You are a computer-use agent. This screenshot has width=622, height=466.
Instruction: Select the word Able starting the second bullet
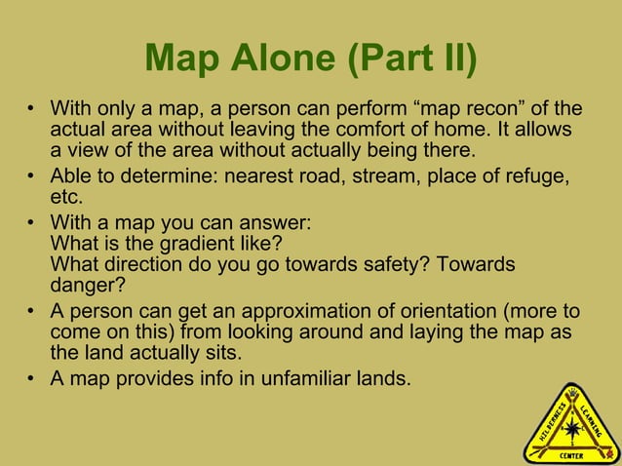click(x=69, y=175)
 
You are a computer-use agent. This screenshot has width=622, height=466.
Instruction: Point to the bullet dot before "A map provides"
click(x=32, y=378)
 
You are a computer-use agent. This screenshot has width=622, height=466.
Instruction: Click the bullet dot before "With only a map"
click(x=32, y=107)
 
